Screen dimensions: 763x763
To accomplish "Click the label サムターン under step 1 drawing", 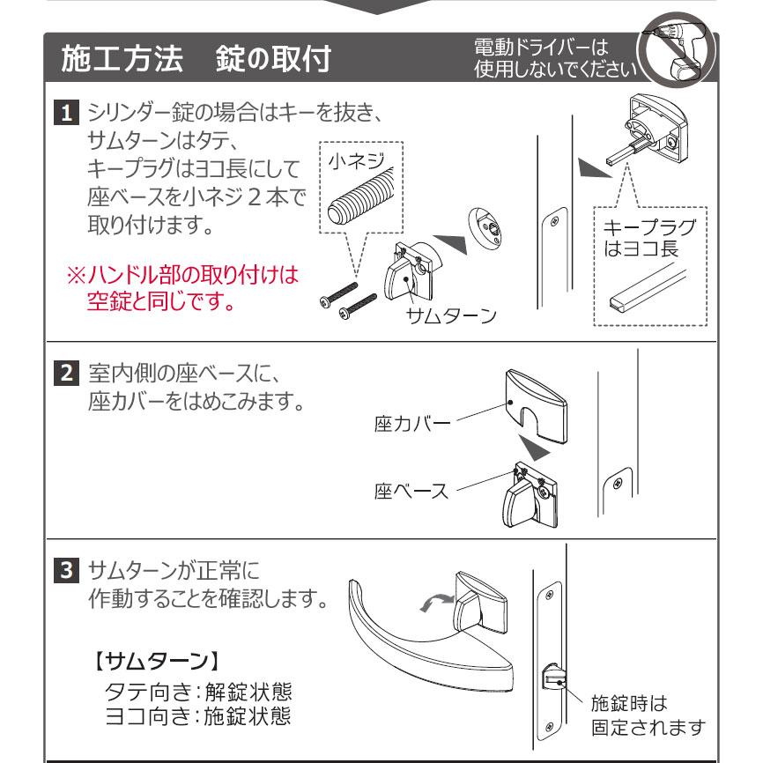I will coord(448,316).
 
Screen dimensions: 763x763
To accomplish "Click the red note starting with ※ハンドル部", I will coord(180,290).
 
